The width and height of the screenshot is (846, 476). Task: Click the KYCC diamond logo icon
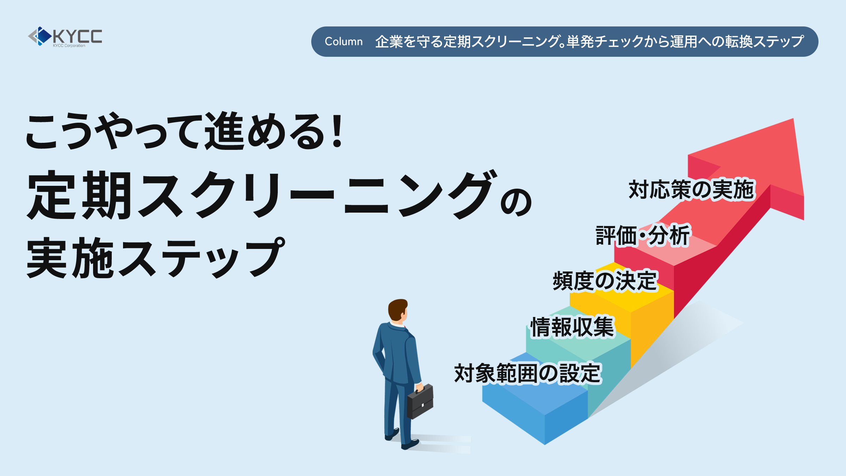(x=40, y=36)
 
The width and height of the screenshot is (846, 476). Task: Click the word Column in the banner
(x=344, y=42)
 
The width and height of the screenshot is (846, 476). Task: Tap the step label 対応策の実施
(x=691, y=190)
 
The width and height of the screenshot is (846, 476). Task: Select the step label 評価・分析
(x=643, y=235)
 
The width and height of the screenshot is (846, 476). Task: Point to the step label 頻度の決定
(x=605, y=281)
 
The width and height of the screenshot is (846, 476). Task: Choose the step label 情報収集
(x=572, y=327)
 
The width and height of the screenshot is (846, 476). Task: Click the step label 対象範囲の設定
(x=527, y=373)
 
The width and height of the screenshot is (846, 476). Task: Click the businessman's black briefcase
(x=420, y=402)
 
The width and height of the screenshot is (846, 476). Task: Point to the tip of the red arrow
(x=793, y=119)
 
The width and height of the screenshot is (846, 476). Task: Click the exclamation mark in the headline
(x=337, y=130)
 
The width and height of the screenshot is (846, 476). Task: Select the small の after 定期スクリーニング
(x=516, y=202)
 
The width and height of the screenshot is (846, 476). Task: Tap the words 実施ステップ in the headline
(x=155, y=257)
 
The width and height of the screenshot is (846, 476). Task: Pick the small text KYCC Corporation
(x=69, y=45)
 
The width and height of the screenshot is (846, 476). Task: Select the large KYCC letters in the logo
(x=78, y=36)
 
